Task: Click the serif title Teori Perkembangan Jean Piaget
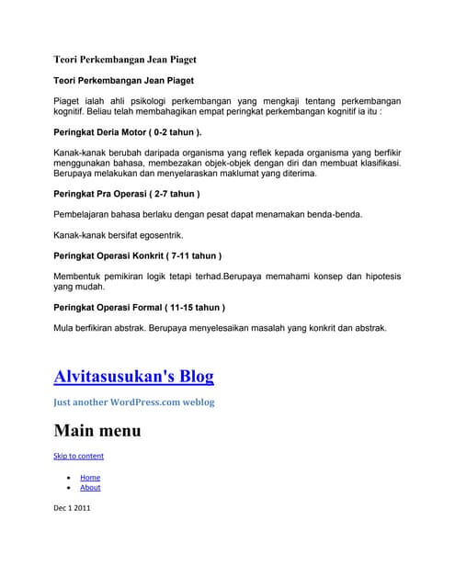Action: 125,60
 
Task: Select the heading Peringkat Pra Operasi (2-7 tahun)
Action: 127,194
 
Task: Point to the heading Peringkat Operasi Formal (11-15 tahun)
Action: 140,306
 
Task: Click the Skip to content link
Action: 79,456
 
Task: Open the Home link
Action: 90,477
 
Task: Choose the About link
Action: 90,488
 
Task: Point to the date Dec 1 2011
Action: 72,506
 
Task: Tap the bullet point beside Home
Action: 70,478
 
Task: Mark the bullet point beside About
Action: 70,489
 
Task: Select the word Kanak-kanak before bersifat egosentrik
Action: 77,234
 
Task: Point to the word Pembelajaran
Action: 86,214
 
